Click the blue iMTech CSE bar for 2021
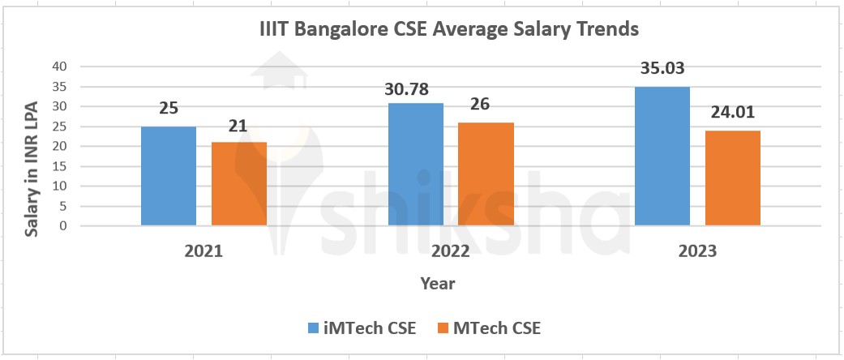(169, 176)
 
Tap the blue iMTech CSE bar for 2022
(415, 165)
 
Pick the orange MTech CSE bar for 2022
(486, 174)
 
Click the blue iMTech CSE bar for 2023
(662, 156)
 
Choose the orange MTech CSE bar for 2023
(733, 178)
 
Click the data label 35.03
(662, 67)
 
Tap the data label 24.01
(733, 111)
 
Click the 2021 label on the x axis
(204, 252)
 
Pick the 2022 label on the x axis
(450, 252)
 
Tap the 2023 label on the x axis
(697, 252)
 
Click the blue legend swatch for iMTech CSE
(315, 328)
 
